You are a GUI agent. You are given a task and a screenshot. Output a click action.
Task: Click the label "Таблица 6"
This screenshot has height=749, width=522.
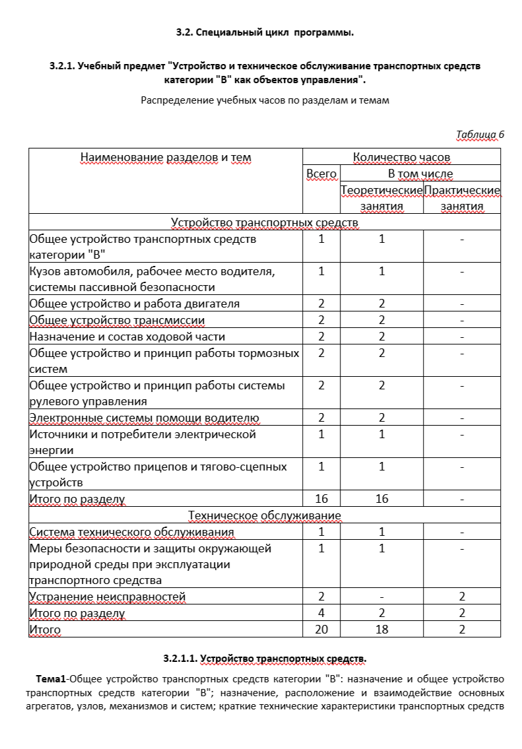(480, 135)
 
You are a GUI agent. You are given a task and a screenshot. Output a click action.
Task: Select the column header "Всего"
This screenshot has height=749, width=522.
(321, 174)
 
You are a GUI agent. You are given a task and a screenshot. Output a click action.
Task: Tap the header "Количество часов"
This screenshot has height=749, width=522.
(401, 157)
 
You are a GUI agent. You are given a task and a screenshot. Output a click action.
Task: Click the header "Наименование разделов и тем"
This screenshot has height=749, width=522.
(166, 157)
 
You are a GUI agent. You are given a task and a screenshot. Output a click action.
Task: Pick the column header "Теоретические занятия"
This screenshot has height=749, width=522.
(381, 198)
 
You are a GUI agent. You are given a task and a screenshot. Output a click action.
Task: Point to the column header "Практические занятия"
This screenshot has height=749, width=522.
(462, 198)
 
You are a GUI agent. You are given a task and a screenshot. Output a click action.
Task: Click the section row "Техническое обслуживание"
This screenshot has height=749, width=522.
(265, 515)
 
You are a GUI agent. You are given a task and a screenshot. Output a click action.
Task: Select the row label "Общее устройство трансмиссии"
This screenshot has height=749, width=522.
(117, 320)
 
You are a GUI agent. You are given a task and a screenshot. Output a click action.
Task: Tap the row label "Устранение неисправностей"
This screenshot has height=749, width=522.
(108, 597)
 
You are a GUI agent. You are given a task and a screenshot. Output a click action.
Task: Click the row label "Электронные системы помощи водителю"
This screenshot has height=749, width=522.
(144, 418)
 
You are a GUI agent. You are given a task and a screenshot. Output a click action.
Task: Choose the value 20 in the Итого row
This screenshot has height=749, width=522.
(321, 630)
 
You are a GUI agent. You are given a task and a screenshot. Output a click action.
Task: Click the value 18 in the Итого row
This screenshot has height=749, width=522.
(381, 630)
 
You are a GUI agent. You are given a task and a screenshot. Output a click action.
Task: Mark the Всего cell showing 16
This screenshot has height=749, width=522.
(321, 499)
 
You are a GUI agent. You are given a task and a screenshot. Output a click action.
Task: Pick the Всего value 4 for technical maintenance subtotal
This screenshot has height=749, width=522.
(321, 613)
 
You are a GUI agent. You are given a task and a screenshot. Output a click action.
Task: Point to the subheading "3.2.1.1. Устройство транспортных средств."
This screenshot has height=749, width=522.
(265, 659)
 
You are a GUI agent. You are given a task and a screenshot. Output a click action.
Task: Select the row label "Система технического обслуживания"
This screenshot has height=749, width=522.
(131, 532)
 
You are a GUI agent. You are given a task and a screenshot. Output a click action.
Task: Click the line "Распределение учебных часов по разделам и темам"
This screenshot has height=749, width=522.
(265, 101)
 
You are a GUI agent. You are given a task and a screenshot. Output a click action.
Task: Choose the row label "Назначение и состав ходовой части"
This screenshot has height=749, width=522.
(127, 337)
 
